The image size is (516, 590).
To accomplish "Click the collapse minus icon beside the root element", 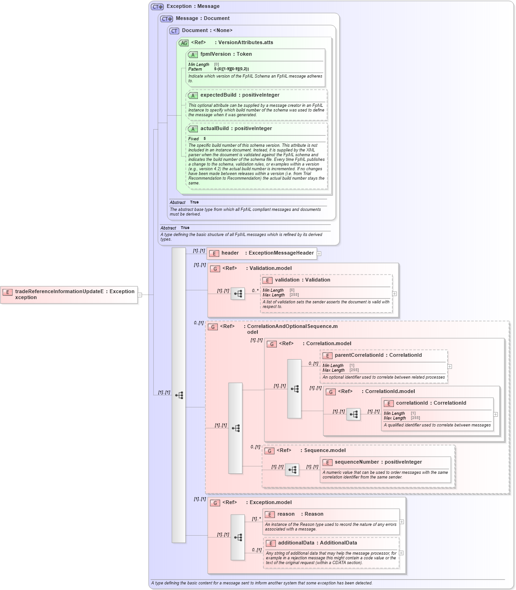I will pos(139,295).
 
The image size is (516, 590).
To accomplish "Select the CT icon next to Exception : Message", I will pos(157,7).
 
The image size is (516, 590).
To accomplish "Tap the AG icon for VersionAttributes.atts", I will pos(184,43).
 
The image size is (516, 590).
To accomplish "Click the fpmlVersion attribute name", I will pos(215,54).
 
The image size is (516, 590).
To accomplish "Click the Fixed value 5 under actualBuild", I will pos(204,139).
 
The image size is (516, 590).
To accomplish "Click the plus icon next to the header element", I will pos(319,254).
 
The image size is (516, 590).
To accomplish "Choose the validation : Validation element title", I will pos(302,280).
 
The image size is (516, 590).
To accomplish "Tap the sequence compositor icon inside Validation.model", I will pos(238,294).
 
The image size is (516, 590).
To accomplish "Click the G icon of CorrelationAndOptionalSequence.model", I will pos(213,327).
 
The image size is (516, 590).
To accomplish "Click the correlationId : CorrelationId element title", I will pos(431,403).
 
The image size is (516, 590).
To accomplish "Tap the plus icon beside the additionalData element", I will pos(401,553).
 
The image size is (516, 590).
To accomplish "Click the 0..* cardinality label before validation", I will pos(255,291).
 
